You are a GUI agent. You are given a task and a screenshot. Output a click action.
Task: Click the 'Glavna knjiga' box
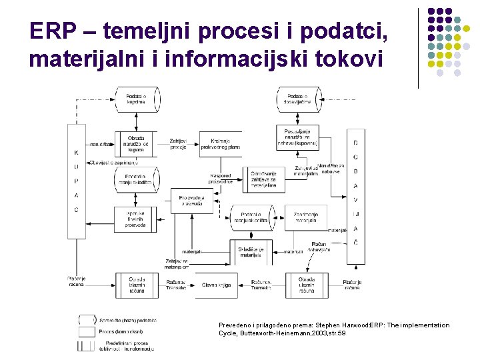pos(215,285)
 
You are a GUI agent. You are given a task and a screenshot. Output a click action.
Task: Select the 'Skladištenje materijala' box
pos(251,251)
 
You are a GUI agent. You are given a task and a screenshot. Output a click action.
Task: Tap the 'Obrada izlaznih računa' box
pos(136,285)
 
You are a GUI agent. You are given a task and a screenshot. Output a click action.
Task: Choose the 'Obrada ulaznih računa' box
pos(307,285)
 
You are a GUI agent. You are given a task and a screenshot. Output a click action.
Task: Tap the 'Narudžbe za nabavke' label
pos(331,168)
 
